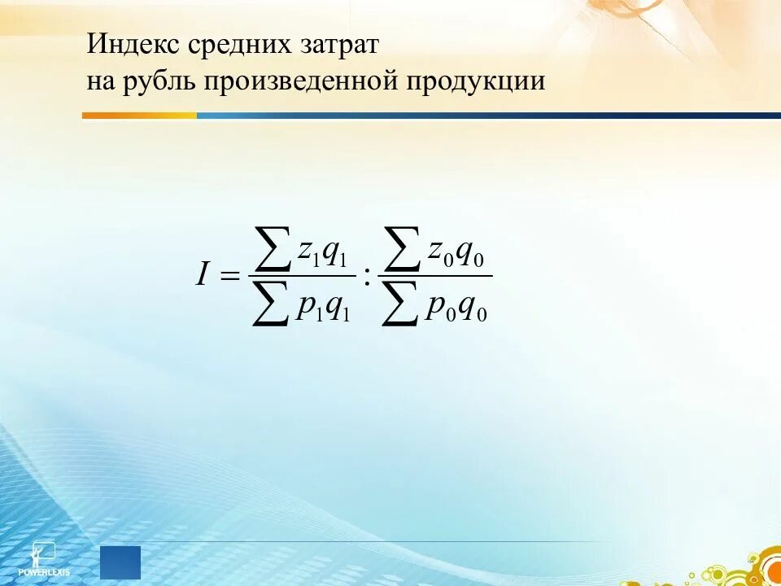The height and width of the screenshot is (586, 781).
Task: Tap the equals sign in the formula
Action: coord(229,277)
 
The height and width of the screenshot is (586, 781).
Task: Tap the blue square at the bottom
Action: coord(120,562)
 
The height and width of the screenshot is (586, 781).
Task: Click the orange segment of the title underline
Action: coord(139,116)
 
